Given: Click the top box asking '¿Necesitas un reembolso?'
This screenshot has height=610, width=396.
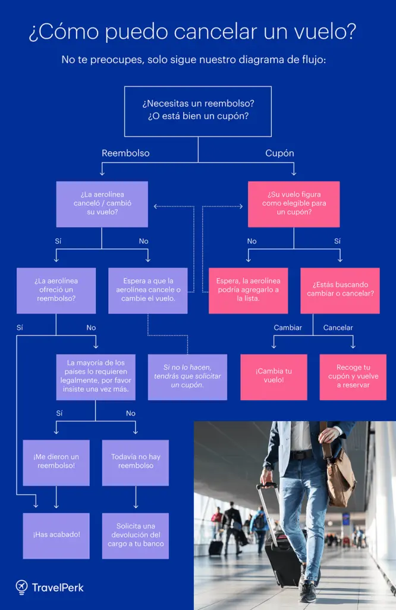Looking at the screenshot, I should point(197,111).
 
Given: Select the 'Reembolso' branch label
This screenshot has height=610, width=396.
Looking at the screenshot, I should point(125,153).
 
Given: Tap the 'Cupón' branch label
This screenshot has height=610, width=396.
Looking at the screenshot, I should point(279,153).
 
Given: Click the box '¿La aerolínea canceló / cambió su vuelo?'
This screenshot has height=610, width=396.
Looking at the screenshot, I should point(102,204).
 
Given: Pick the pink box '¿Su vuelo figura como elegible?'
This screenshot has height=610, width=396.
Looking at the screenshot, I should point(293,204).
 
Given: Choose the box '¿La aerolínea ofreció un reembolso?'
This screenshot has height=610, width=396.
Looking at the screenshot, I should point(56,290).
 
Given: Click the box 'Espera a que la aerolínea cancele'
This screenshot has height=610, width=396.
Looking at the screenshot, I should point(147,290).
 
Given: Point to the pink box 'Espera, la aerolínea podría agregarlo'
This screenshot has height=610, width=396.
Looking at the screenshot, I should point(248,290).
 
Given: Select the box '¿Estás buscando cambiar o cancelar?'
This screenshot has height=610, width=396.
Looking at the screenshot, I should point(340,290).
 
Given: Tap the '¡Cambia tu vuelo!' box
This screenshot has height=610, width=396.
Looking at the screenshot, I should point(274,376).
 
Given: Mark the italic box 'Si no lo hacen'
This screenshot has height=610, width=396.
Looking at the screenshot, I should point(187,376).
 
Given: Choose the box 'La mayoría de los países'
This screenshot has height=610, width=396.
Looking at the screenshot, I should point(95,376).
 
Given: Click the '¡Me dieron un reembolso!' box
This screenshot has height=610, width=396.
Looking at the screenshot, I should point(56,462).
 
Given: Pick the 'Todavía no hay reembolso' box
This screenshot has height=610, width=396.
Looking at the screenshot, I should point(135,462).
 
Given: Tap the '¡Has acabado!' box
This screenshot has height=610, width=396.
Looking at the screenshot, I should point(56,535).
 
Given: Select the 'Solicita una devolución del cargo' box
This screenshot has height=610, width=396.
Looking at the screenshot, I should point(135,535).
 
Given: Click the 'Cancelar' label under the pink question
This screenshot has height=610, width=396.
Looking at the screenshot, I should point(338,328).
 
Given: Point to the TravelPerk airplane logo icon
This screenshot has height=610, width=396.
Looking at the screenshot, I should point(22,587).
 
